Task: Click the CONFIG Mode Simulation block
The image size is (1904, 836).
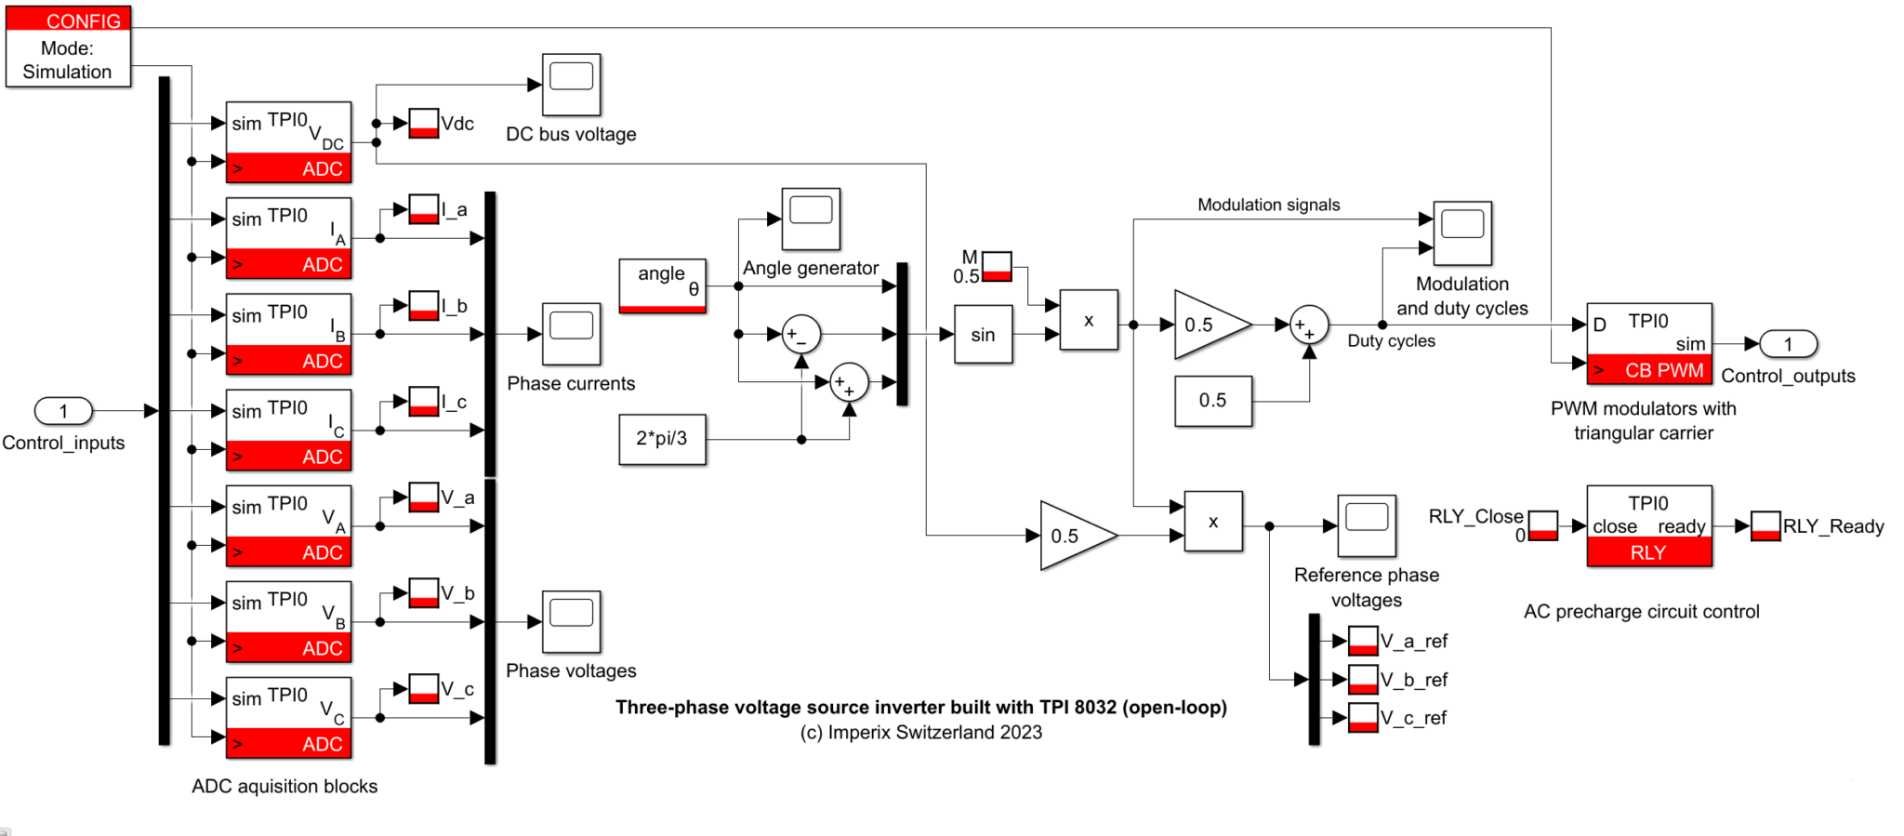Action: point(68,47)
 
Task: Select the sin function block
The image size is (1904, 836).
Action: point(983,335)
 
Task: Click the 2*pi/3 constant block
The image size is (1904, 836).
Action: point(662,439)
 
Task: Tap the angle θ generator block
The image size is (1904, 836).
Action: point(662,285)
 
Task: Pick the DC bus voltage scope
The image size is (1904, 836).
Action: point(571,85)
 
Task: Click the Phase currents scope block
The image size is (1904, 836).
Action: point(571,334)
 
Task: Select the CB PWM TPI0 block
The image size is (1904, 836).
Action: point(1648,344)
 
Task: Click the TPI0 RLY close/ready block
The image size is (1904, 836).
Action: point(1648,526)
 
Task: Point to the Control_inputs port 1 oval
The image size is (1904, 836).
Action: point(63,410)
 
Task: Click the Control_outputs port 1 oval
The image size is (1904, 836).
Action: point(1787,344)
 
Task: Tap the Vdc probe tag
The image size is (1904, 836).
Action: point(424,124)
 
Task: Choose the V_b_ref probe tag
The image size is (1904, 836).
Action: point(1363,680)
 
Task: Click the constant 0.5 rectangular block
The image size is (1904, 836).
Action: point(1213,401)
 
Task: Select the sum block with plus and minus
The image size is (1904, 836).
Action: point(800,335)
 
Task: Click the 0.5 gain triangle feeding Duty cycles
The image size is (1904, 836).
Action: point(1209,325)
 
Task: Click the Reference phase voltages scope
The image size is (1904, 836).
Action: point(1366,525)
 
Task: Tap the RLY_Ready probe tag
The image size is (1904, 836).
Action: point(1765,526)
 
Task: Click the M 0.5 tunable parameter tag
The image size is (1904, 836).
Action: point(997,267)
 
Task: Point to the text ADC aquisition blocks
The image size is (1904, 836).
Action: point(284,787)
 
